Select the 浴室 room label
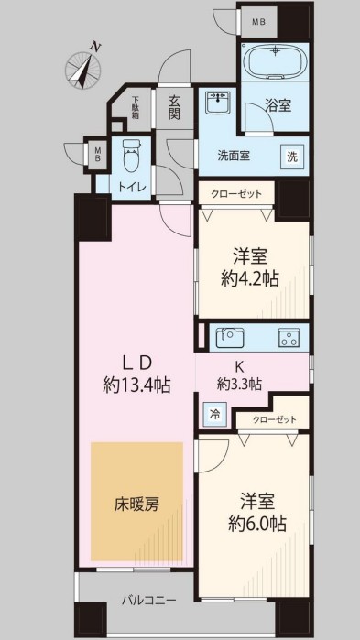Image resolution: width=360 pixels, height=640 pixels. [x=278, y=106]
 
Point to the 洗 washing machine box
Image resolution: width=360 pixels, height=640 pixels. [x=291, y=156]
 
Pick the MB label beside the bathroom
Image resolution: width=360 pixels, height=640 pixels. [x=258, y=20]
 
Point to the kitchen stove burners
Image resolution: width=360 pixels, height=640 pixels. [x=290, y=339]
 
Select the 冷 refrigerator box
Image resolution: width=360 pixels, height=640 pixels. [x=212, y=413]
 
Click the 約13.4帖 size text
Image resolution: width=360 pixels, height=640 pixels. [x=136, y=385]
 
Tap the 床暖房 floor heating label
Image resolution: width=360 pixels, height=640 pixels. [x=136, y=504]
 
